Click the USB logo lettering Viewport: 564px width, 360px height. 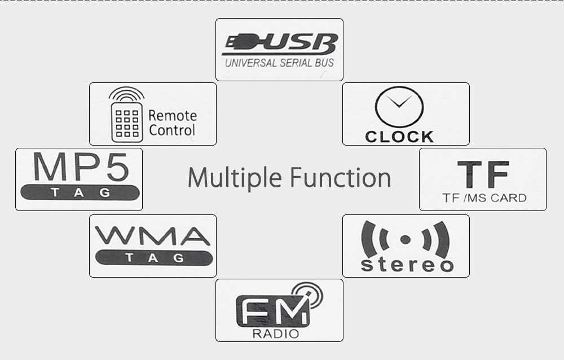pyautogui.click(x=280, y=44)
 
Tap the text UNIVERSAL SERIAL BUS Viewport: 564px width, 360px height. pyautogui.click(x=280, y=63)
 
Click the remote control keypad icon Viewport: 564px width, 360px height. pyautogui.click(x=127, y=122)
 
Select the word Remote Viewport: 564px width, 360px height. pyautogui.click(x=173, y=116)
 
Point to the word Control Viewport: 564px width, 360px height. pyautogui.click(x=172, y=130)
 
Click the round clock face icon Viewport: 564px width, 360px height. pyautogui.click(x=399, y=107)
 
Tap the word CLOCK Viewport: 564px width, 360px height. pyautogui.click(x=399, y=137)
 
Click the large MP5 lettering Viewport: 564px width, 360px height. pyautogui.click(x=81, y=167)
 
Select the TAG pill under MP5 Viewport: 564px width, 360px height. pyautogui.click(x=80, y=192)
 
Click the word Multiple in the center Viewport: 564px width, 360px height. pyautogui.click(x=235, y=177)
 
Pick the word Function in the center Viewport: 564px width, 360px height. pyautogui.click(x=340, y=177)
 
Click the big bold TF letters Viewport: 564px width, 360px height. pyautogui.click(x=483, y=174)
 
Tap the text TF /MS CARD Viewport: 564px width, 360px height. pyautogui.click(x=484, y=198)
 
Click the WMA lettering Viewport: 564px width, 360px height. pyautogui.click(x=152, y=236)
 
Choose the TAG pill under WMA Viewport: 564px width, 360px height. pyautogui.click(x=154, y=258)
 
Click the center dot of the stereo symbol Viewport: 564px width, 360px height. pyautogui.click(x=406, y=240)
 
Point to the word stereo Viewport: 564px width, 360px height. pyautogui.click(x=407, y=265)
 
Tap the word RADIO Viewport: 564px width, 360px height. pyautogui.click(x=276, y=333)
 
